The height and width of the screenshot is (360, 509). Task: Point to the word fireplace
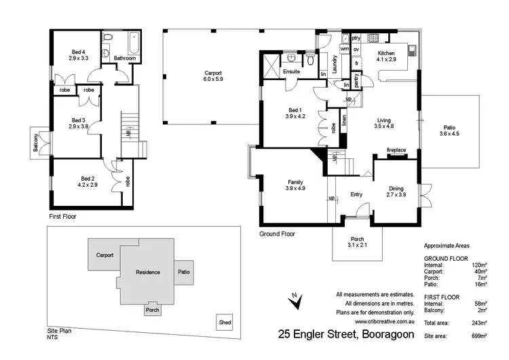(x=396, y=150)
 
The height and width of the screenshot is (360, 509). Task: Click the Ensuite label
(x=292, y=71)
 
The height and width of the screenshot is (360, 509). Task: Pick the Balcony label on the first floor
(x=35, y=143)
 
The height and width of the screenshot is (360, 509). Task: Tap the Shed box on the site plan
(x=223, y=322)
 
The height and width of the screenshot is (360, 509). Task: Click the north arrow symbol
(x=294, y=300)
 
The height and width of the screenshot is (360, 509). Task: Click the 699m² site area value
(x=480, y=336)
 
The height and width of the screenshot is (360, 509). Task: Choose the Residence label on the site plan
(x=148, y=272)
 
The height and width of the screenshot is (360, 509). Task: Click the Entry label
(x=356, y=195)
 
